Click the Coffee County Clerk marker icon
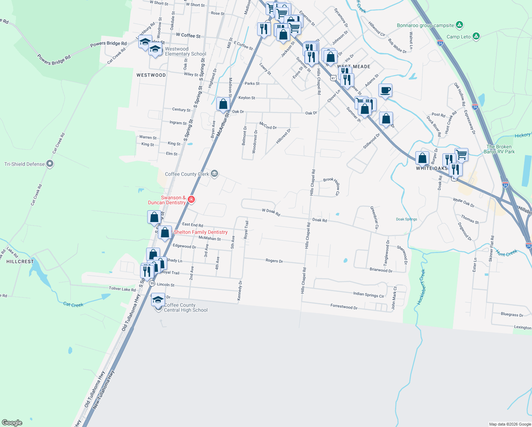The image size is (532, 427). click(214, 174)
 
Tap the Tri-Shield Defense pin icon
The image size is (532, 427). click(50, 164)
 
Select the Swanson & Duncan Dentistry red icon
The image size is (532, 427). click(191, 199)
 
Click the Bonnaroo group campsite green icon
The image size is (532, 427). click(459, 25)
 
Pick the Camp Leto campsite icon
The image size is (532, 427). click(476, 36)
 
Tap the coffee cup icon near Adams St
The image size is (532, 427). click(385, 90)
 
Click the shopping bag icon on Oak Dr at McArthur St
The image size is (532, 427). click(223, 104)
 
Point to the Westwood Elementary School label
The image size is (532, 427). click(185, 52)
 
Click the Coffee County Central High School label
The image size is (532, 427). click(185, 307)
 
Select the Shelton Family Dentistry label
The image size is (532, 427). click(201, 232)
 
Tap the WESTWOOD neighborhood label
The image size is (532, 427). click(151, 75)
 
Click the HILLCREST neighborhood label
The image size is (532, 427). click(20, 262)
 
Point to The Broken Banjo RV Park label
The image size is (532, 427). click(499, 149)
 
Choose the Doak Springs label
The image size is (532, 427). click(406, 219)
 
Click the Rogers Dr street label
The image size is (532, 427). click(274, 261)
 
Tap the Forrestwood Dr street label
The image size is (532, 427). click(344, 307)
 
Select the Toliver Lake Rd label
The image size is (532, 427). click(122, 289)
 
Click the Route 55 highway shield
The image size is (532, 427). click(152, 283)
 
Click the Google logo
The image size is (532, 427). click(12, 423)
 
